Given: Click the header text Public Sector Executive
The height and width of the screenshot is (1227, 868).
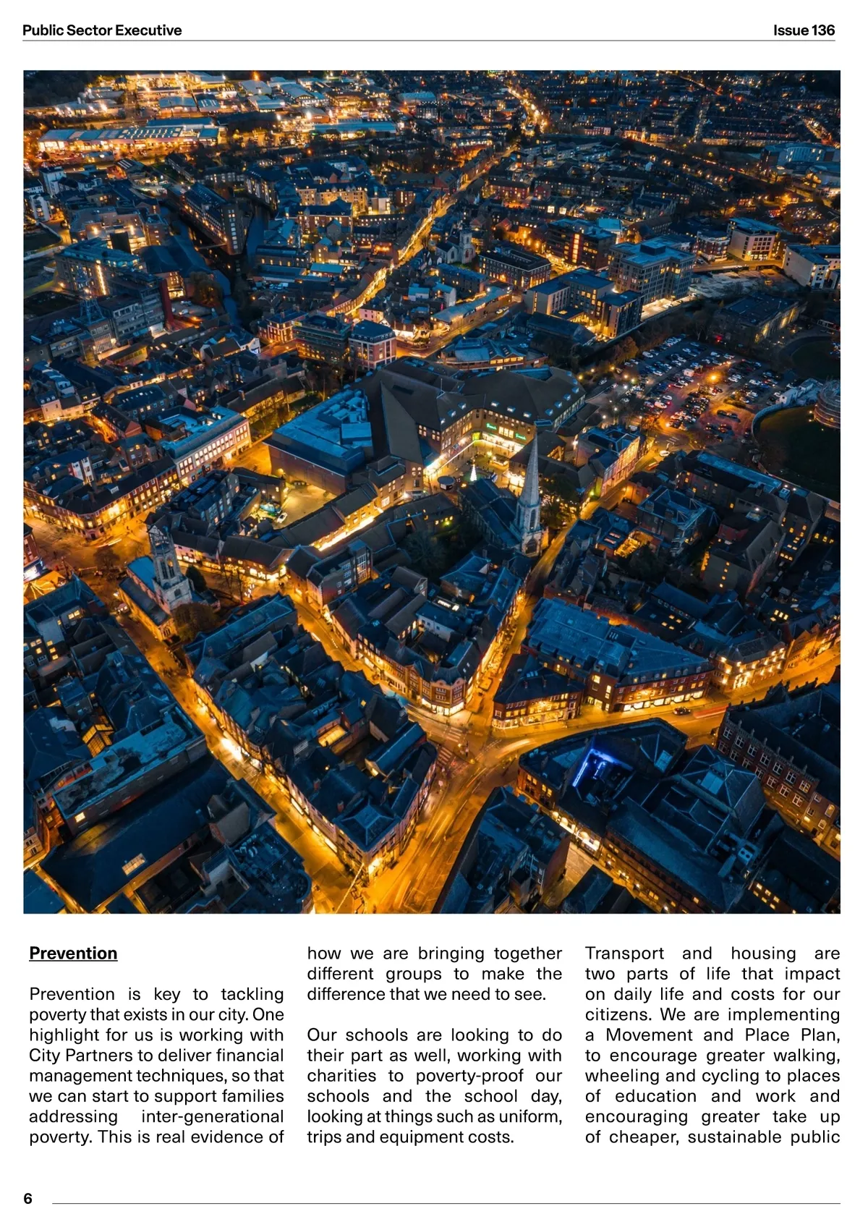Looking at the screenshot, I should click(x=102, y=30).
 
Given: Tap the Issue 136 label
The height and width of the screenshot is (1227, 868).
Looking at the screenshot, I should click(x=804, y=30).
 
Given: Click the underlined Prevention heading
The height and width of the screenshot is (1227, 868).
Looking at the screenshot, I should click(x=73, y=954).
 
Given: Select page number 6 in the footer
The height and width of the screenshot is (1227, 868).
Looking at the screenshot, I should click(x=28, y=1198).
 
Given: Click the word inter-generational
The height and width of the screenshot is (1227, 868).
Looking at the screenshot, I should click(x=212, y=1116).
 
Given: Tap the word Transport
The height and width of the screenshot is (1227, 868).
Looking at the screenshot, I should click(x=624, y=954).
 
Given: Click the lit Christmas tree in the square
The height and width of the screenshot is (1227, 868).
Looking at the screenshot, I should click(x=473, y=474).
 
